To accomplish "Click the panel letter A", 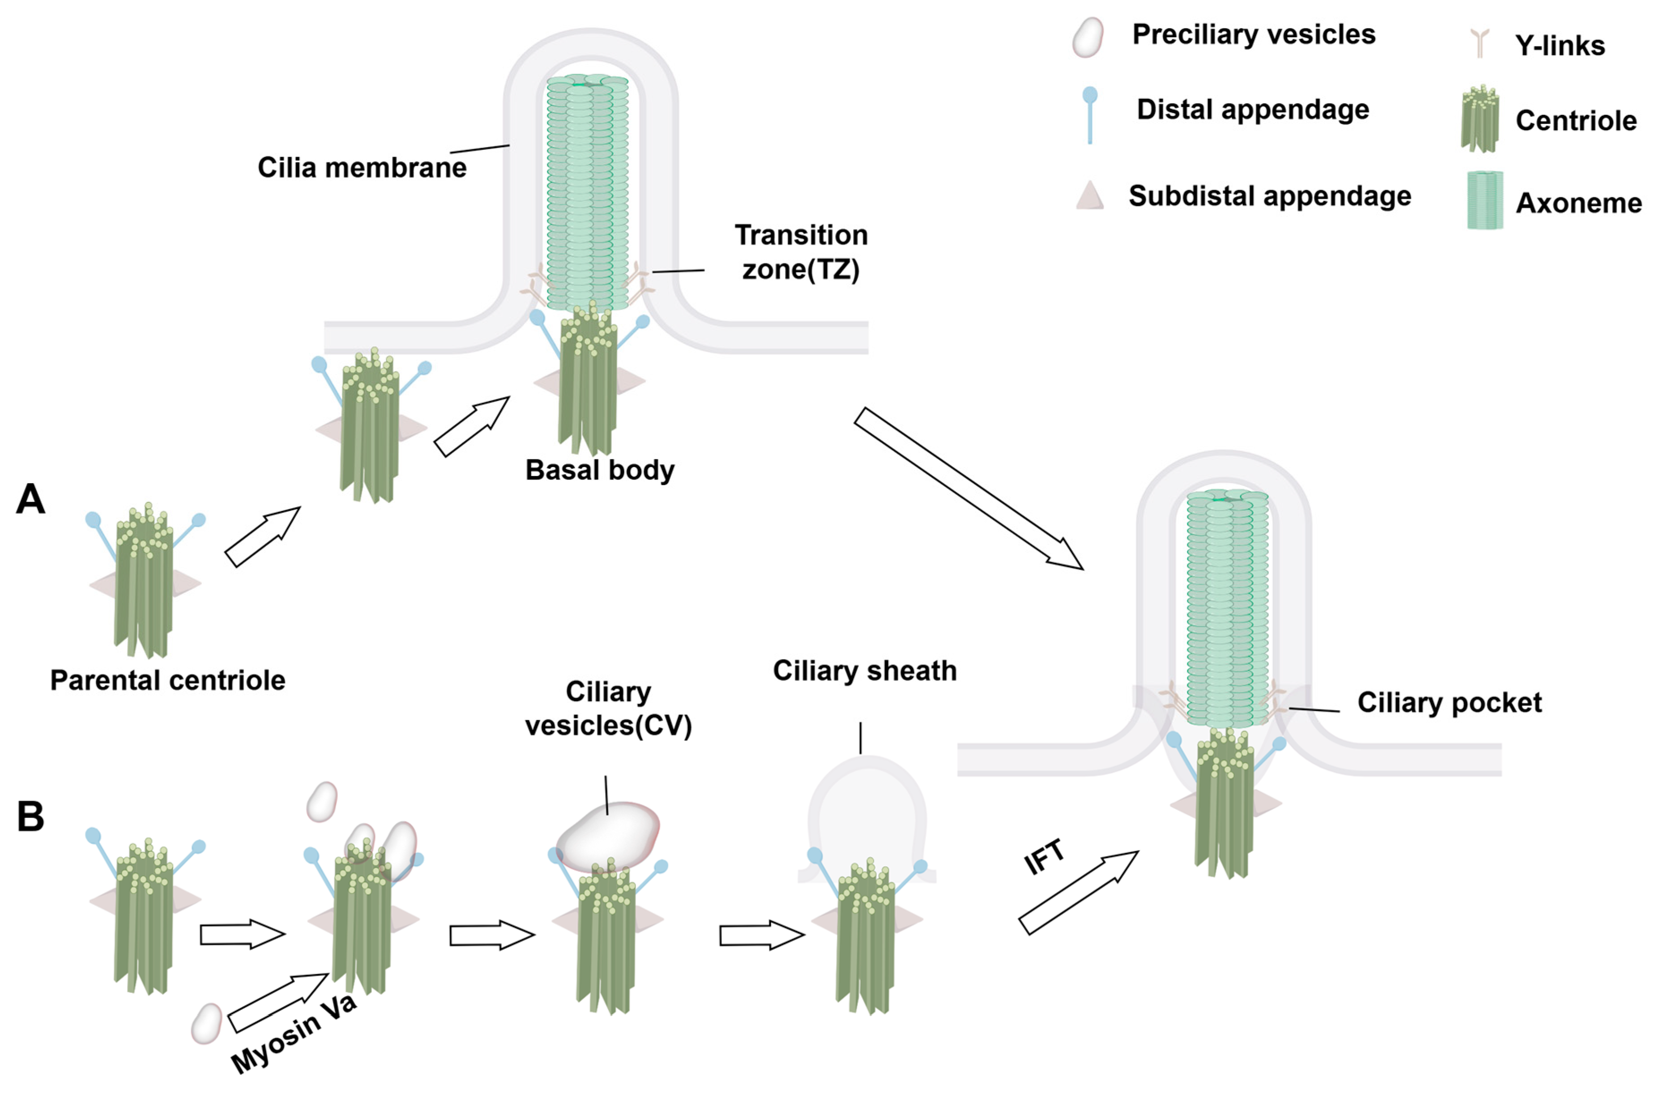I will pos(31,500).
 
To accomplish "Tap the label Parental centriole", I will pos(167,680).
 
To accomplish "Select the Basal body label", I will pos(600,470).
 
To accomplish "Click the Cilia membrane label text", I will pos(362,168).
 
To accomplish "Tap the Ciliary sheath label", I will pos(865,671).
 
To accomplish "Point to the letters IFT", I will pos(1044,857).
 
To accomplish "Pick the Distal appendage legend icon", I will pos(1090,115).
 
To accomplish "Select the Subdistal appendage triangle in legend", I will pos(1090,196).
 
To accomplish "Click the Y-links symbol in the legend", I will pos(1480,43).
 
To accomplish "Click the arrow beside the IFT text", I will pos(1078,893).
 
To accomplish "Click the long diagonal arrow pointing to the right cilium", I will pos(969,489).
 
